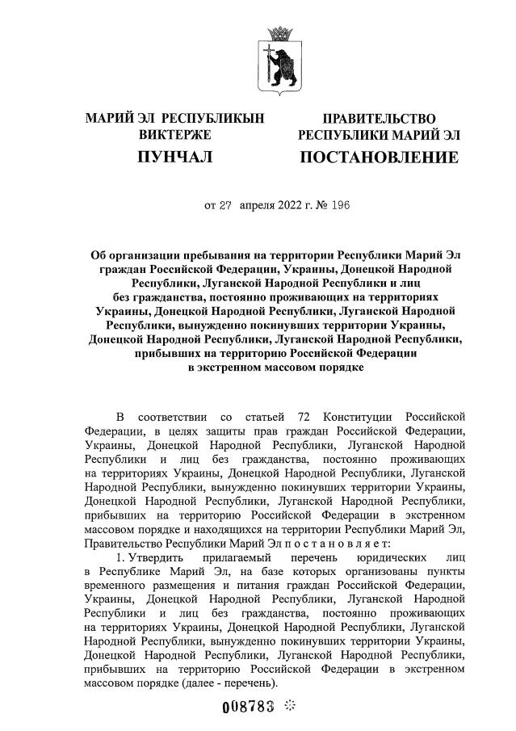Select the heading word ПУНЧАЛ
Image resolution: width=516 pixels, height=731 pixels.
[175, 157]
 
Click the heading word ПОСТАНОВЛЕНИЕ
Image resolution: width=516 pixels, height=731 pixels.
[379, 157]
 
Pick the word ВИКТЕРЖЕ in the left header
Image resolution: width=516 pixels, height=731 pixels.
[175, 134]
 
